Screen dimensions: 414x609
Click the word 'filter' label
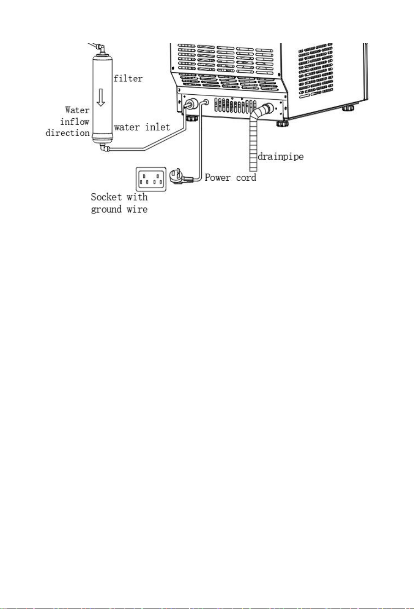point(128,79)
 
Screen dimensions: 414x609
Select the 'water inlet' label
point(142,127)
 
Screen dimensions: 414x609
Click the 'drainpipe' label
point(280,156)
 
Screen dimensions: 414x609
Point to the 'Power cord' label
point(230,178)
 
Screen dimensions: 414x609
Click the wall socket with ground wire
point(151,179)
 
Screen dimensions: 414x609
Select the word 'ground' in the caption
point(106,210)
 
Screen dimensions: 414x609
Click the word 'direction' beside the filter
point(68,133)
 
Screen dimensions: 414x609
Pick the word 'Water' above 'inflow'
point(77,110)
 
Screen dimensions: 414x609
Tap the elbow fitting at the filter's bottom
point(105,148)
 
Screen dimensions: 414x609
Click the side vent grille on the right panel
point(316,71)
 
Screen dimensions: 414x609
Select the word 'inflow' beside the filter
point(75,121)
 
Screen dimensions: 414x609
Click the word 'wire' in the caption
point(137,209)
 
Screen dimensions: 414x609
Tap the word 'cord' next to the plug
point(246,178)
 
